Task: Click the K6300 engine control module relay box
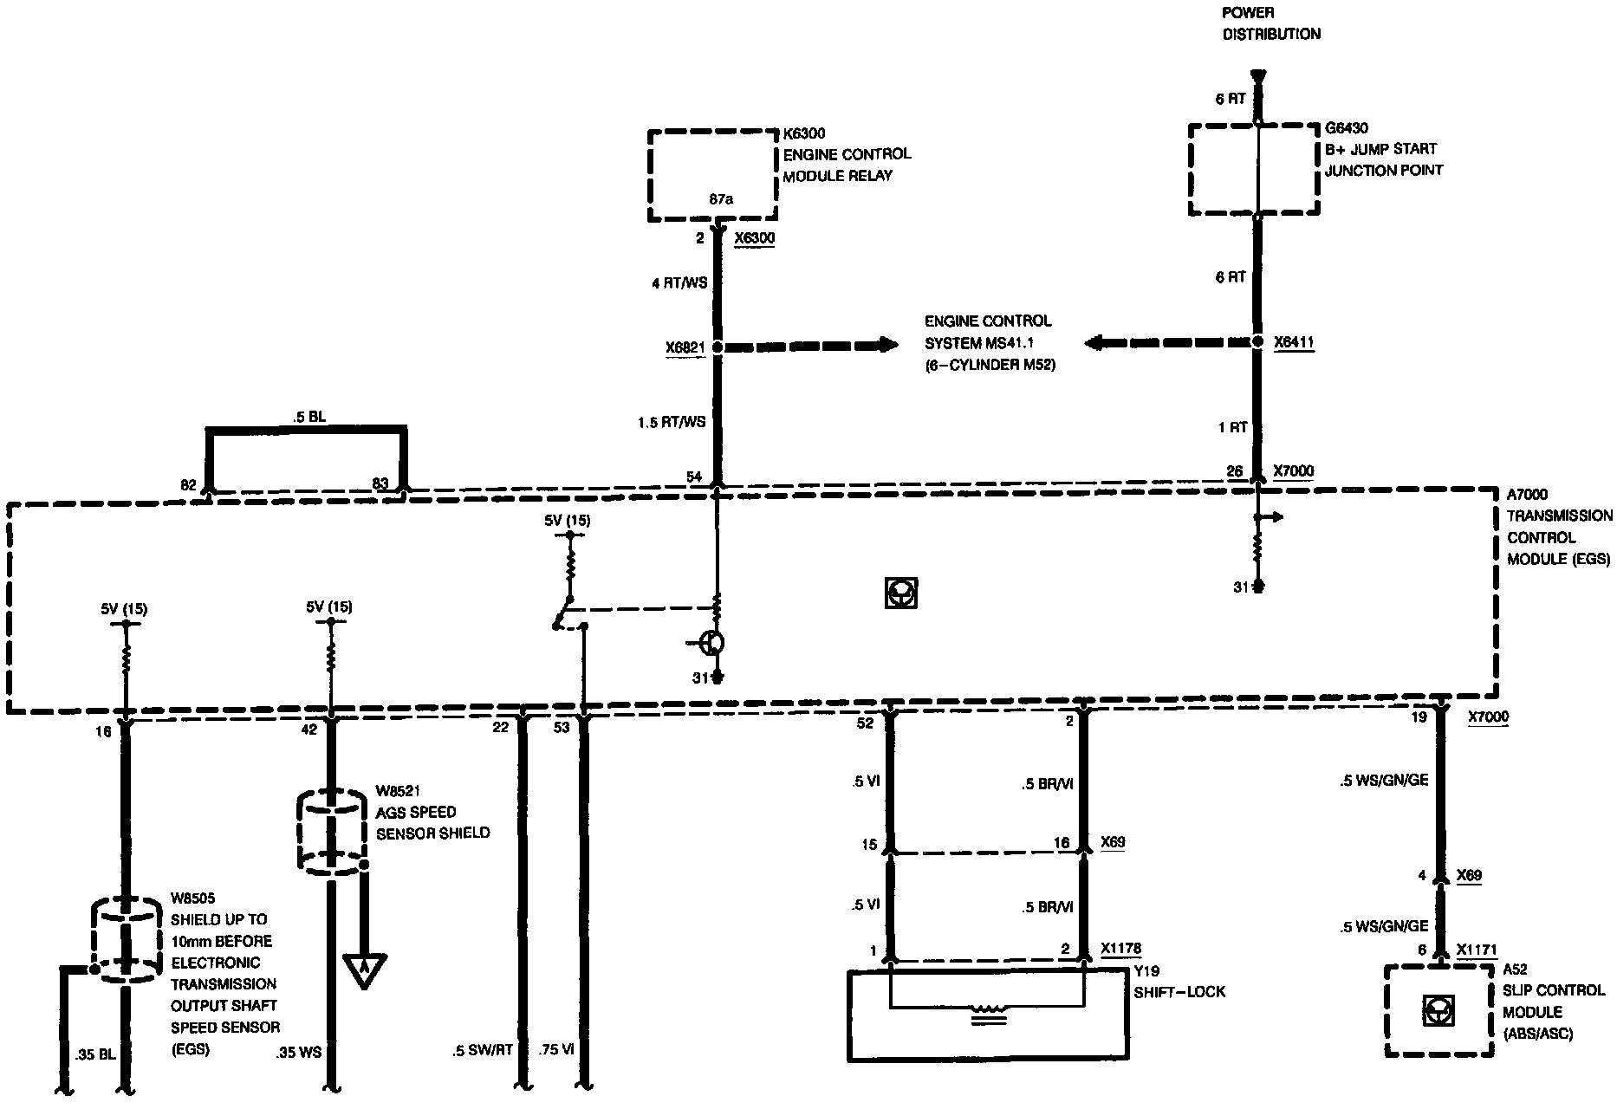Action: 712,175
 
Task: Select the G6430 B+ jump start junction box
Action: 1253,169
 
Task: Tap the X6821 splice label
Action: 685,348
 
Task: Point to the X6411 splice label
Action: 1294,343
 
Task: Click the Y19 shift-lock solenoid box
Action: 987,1015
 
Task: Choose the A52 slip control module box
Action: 1439,1011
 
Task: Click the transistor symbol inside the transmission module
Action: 713,643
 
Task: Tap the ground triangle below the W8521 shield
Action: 364,970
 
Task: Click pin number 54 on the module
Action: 694,477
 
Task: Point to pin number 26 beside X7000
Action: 1235,472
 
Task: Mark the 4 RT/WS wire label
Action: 679,282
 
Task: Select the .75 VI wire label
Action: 556,1050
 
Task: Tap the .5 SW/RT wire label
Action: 483,1050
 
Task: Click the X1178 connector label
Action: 1120,949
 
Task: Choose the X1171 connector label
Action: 1477,950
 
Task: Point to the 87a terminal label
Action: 721,199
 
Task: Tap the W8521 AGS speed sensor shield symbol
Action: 332,829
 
